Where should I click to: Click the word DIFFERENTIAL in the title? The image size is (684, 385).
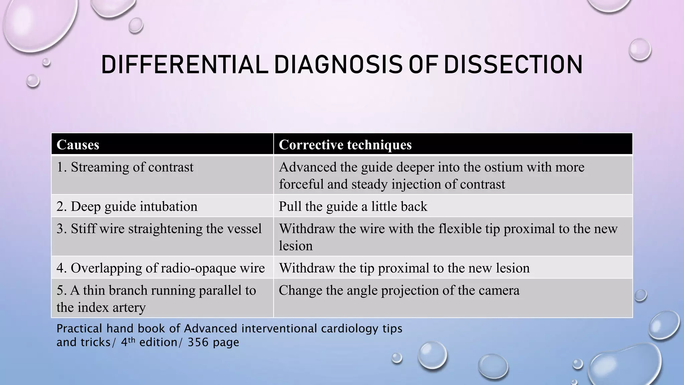click(184, 65)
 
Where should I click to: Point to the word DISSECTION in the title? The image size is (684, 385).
click(513, 65)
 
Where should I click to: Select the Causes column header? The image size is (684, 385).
click(78, 145)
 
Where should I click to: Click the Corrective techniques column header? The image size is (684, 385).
click(345, 145)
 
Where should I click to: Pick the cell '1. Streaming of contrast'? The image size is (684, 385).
click(125, 167)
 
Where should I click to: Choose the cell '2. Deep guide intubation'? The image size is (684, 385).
click(127, 206)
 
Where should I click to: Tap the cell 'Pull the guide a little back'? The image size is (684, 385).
click(353, 206)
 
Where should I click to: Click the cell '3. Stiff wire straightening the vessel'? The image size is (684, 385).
click(159, 229)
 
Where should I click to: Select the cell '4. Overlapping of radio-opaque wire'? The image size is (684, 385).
click(161, 268)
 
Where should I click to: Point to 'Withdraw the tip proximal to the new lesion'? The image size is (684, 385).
click(404, 268)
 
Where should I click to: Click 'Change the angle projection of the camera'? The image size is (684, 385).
click(399, 290)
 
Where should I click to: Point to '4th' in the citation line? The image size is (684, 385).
click(128, 342)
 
